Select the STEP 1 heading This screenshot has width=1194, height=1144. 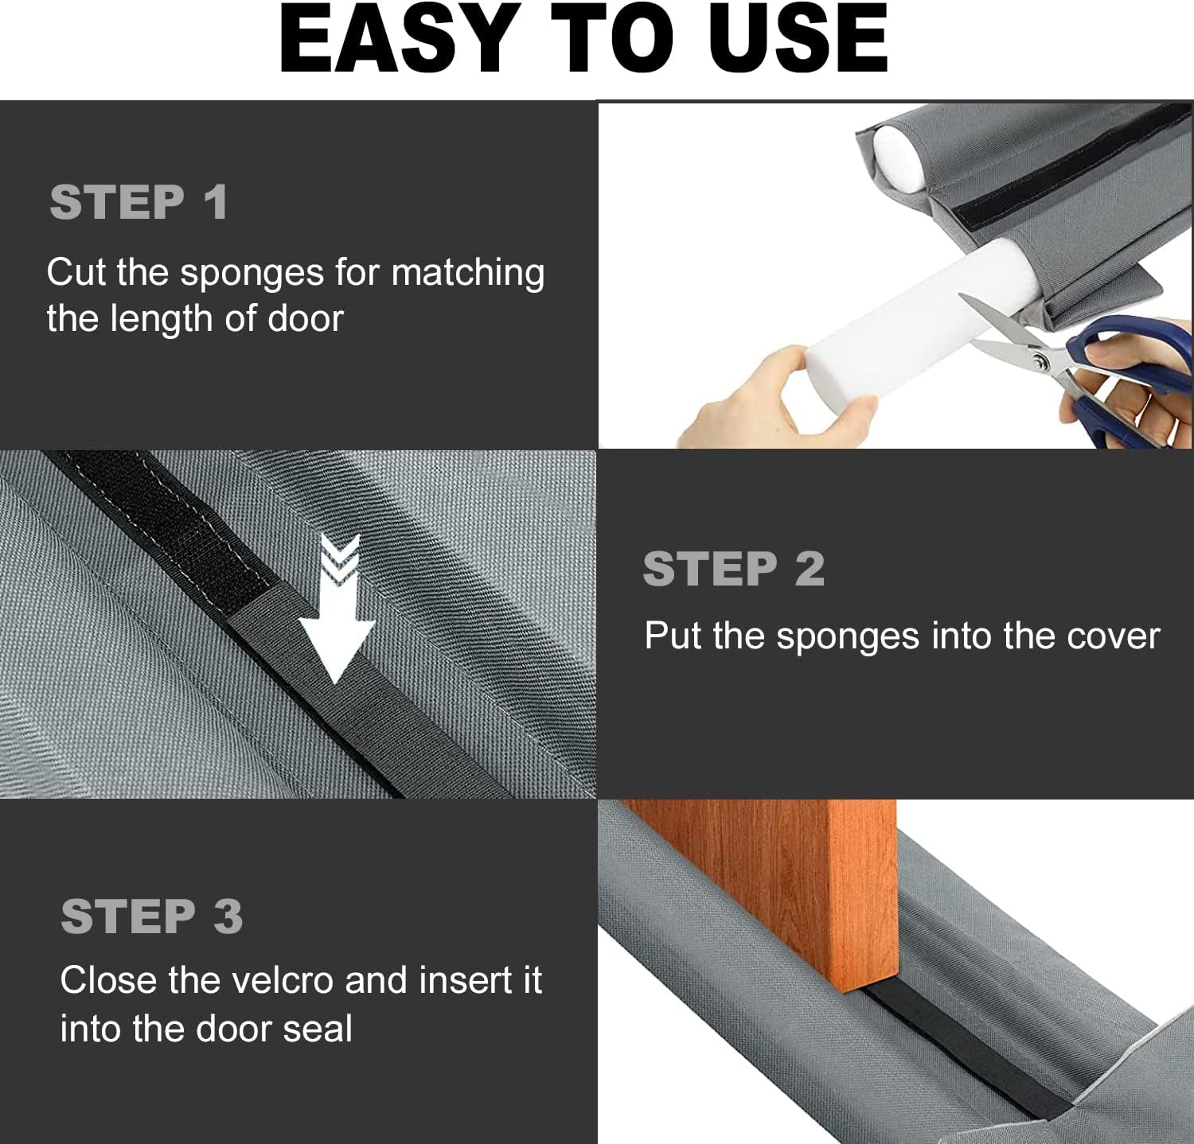(139, 202)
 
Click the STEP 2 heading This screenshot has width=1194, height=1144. (733, 569)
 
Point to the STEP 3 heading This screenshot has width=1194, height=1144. (151, 916)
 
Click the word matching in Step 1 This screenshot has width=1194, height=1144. (468, 274)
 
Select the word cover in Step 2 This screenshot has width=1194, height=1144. (1113, 636)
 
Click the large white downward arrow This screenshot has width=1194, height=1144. (338, 613)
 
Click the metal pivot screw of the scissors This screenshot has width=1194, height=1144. (1040, 362)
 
